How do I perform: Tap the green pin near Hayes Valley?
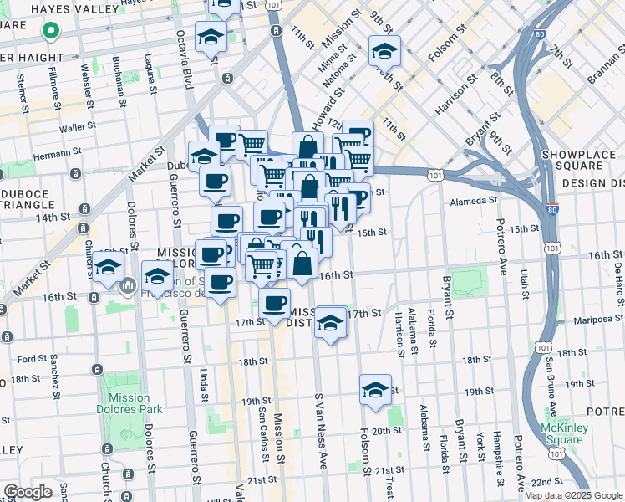coord(50,33)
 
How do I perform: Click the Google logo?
coord(28,491)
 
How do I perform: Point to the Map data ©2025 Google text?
coord(573,495)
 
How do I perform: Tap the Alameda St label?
coord(474,200)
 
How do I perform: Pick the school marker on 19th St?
coord(375,391)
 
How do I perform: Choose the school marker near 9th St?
coord(384,52)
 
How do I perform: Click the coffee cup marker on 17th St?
coord(274,305)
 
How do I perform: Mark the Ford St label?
coord(32,359)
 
